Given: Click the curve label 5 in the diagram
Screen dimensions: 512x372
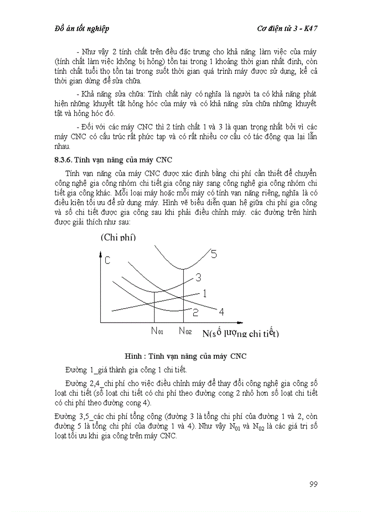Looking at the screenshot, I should (214, 254).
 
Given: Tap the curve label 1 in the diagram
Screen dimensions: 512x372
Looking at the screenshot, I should (205, 293).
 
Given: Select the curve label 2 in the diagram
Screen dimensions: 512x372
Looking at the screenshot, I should (195, 312).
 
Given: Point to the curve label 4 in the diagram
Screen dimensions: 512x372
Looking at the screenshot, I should (222, 312).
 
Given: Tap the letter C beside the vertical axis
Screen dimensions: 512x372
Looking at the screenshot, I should (108, 260).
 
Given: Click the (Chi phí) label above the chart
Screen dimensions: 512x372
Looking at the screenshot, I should (119, 237).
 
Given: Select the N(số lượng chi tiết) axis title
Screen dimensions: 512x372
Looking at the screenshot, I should (241, 333).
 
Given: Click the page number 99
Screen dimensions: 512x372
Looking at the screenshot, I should (313, 484).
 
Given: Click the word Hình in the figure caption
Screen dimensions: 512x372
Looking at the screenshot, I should (134, 356).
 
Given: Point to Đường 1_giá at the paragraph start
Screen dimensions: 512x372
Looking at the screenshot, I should (87, 369).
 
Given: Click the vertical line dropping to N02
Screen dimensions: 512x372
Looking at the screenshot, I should (184, 296).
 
